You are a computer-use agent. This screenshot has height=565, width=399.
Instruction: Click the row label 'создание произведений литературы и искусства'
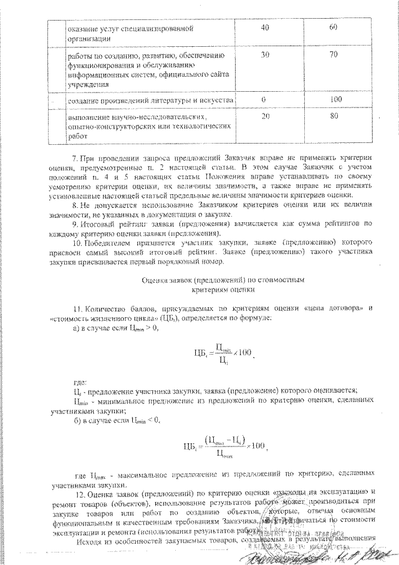[151, 100]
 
